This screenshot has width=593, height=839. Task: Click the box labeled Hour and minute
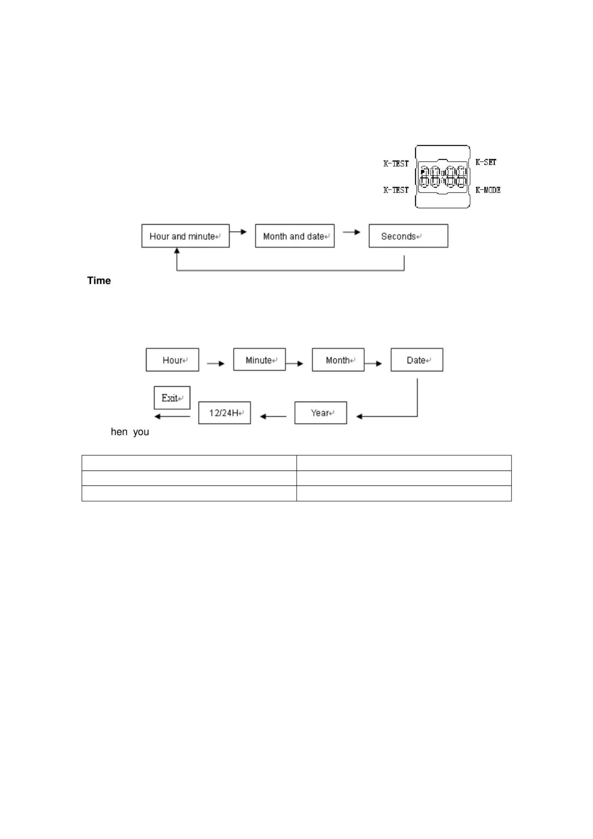pyautogui.click(x=185, y=236)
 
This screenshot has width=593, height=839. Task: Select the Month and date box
pyautogui.click(x=294, y=236)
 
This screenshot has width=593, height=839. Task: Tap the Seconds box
pyautogui.click(x=408, y=236)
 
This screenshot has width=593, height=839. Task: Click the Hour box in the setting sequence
pyautogui.click(x=172, y=360)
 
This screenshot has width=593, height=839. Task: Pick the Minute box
pyautogui.click(x=259, y=360)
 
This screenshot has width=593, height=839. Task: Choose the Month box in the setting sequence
pyautogui.click(x=338, y=360)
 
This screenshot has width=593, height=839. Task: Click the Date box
pyautogui.click(x=417, y=360)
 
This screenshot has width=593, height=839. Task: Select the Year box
pyautogui.click(x=321, y=413)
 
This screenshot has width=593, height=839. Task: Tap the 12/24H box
pyautogui.click(x=224, y=413)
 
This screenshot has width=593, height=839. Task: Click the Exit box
pyautogui.click(x=172, y=398)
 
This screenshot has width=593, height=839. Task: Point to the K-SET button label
pyautogui.click(x=486, y=162)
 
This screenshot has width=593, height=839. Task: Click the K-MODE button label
pyautogui.click(x=488, y=190)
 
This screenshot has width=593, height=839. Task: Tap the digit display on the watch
pyautogui.click(x=443, y=177)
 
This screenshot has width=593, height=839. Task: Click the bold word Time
pyautogui.click(x=99, y=281)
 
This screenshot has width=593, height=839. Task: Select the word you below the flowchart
pyautogui.click(x=141, y=432)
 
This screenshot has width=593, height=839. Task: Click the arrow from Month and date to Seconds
pyautogui.click(x=351, y=232)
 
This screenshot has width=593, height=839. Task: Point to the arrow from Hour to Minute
pyautogui.click(x=216, y=364)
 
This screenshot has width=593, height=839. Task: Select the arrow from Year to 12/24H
pyautogui.click(x=273, y=416)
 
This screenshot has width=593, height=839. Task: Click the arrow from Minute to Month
pyautogui.click(x=294, y=364)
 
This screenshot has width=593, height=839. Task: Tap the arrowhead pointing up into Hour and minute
pyautogui.click(x=177, y=251)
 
